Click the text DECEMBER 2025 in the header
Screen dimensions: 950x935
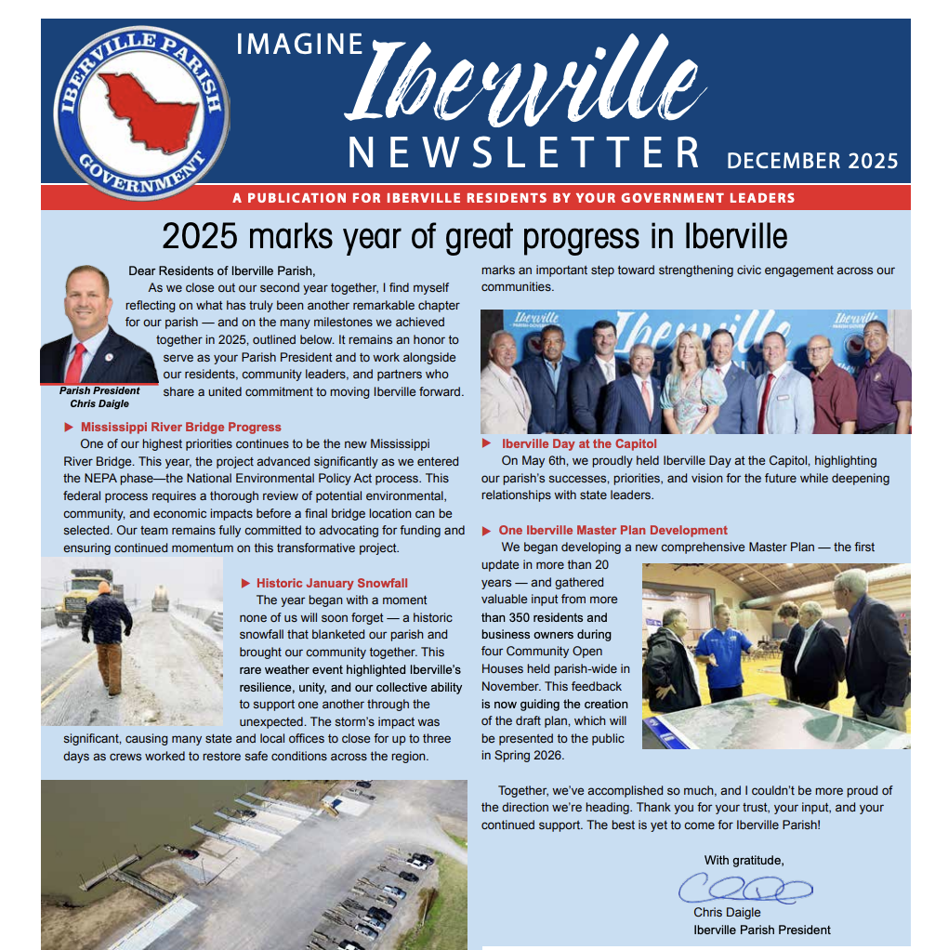(811, 160)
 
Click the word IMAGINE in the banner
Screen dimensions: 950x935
(299, 44)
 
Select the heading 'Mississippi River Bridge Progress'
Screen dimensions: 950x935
(180, 427)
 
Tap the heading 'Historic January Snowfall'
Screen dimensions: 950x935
(332, 583)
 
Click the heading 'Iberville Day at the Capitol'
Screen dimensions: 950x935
(579, 443)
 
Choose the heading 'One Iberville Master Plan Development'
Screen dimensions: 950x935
(612, 530)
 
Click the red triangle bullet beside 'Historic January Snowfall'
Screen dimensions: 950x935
(245, 583)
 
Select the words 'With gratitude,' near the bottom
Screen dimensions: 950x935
(744, 860)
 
